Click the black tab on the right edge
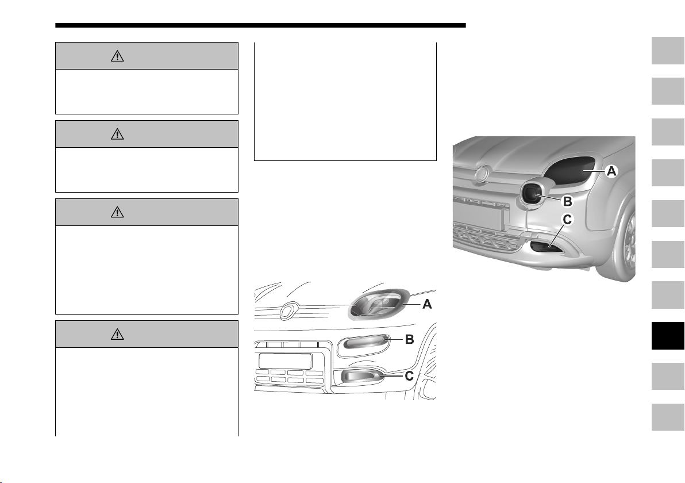pyautogui.click(x=668, y=336)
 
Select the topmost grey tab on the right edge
pyautogui.click(x=668, y=51)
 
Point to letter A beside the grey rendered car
pyautogui.click(x=611, y=171)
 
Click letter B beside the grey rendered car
pyautogui.click(x=567, y=201)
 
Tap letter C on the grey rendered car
pyautogui.click(x=567, y=220)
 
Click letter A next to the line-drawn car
pyautogui.click(x=427, y=304)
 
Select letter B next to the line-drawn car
pyautogui.click(x=409, y=339)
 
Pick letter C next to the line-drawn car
pyautogui.click(x=409, y=376)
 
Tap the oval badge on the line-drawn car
pyautogui.click(x=288, y=310)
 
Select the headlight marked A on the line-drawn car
pyautogui.click(x=378, y=304)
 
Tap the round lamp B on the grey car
pyautogui.click(x=533, y=194)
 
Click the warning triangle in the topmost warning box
pyautogui.click(x=117, y=56)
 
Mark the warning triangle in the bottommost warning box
pyautogui.click(x=117, y=335)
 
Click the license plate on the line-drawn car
pyautogui.click(x=285, y=361)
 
